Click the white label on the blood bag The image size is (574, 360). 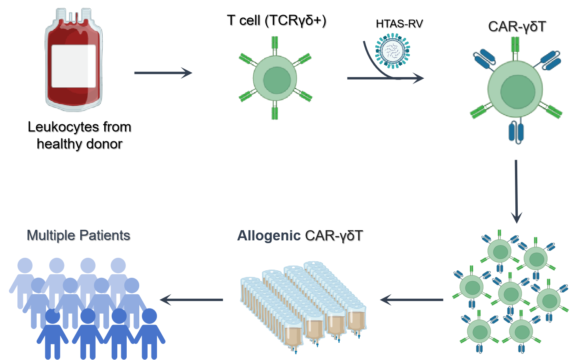tap(74, 66)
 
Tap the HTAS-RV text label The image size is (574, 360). tap(399, 24)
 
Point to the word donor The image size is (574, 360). tap(104, 144)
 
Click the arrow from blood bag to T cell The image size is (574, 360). tap(163, 73)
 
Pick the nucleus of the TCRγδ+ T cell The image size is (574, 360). tap(277, 80)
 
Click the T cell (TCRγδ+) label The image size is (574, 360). tap(277, 20)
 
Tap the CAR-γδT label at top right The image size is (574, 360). tap(517, 27)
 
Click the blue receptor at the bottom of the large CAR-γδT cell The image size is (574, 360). tap(516, 132)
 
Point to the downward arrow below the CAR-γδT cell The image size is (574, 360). tap(516, 191)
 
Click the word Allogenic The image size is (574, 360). tap(269, 236)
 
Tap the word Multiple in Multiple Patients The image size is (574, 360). tap(51, 235)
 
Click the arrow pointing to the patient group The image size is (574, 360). tap(192, 300)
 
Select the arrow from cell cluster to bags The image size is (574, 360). tap(412, 300)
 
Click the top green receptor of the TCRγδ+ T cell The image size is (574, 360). tap(275, 44)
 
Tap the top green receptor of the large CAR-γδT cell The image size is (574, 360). tap(515, 45)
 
